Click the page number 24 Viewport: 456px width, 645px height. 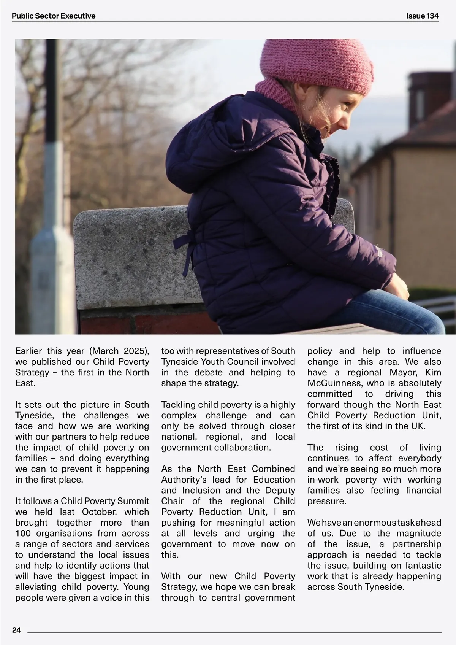coord(16,630)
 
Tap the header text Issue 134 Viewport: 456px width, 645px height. coord(422,16)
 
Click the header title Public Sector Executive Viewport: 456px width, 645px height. coord(54,16)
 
